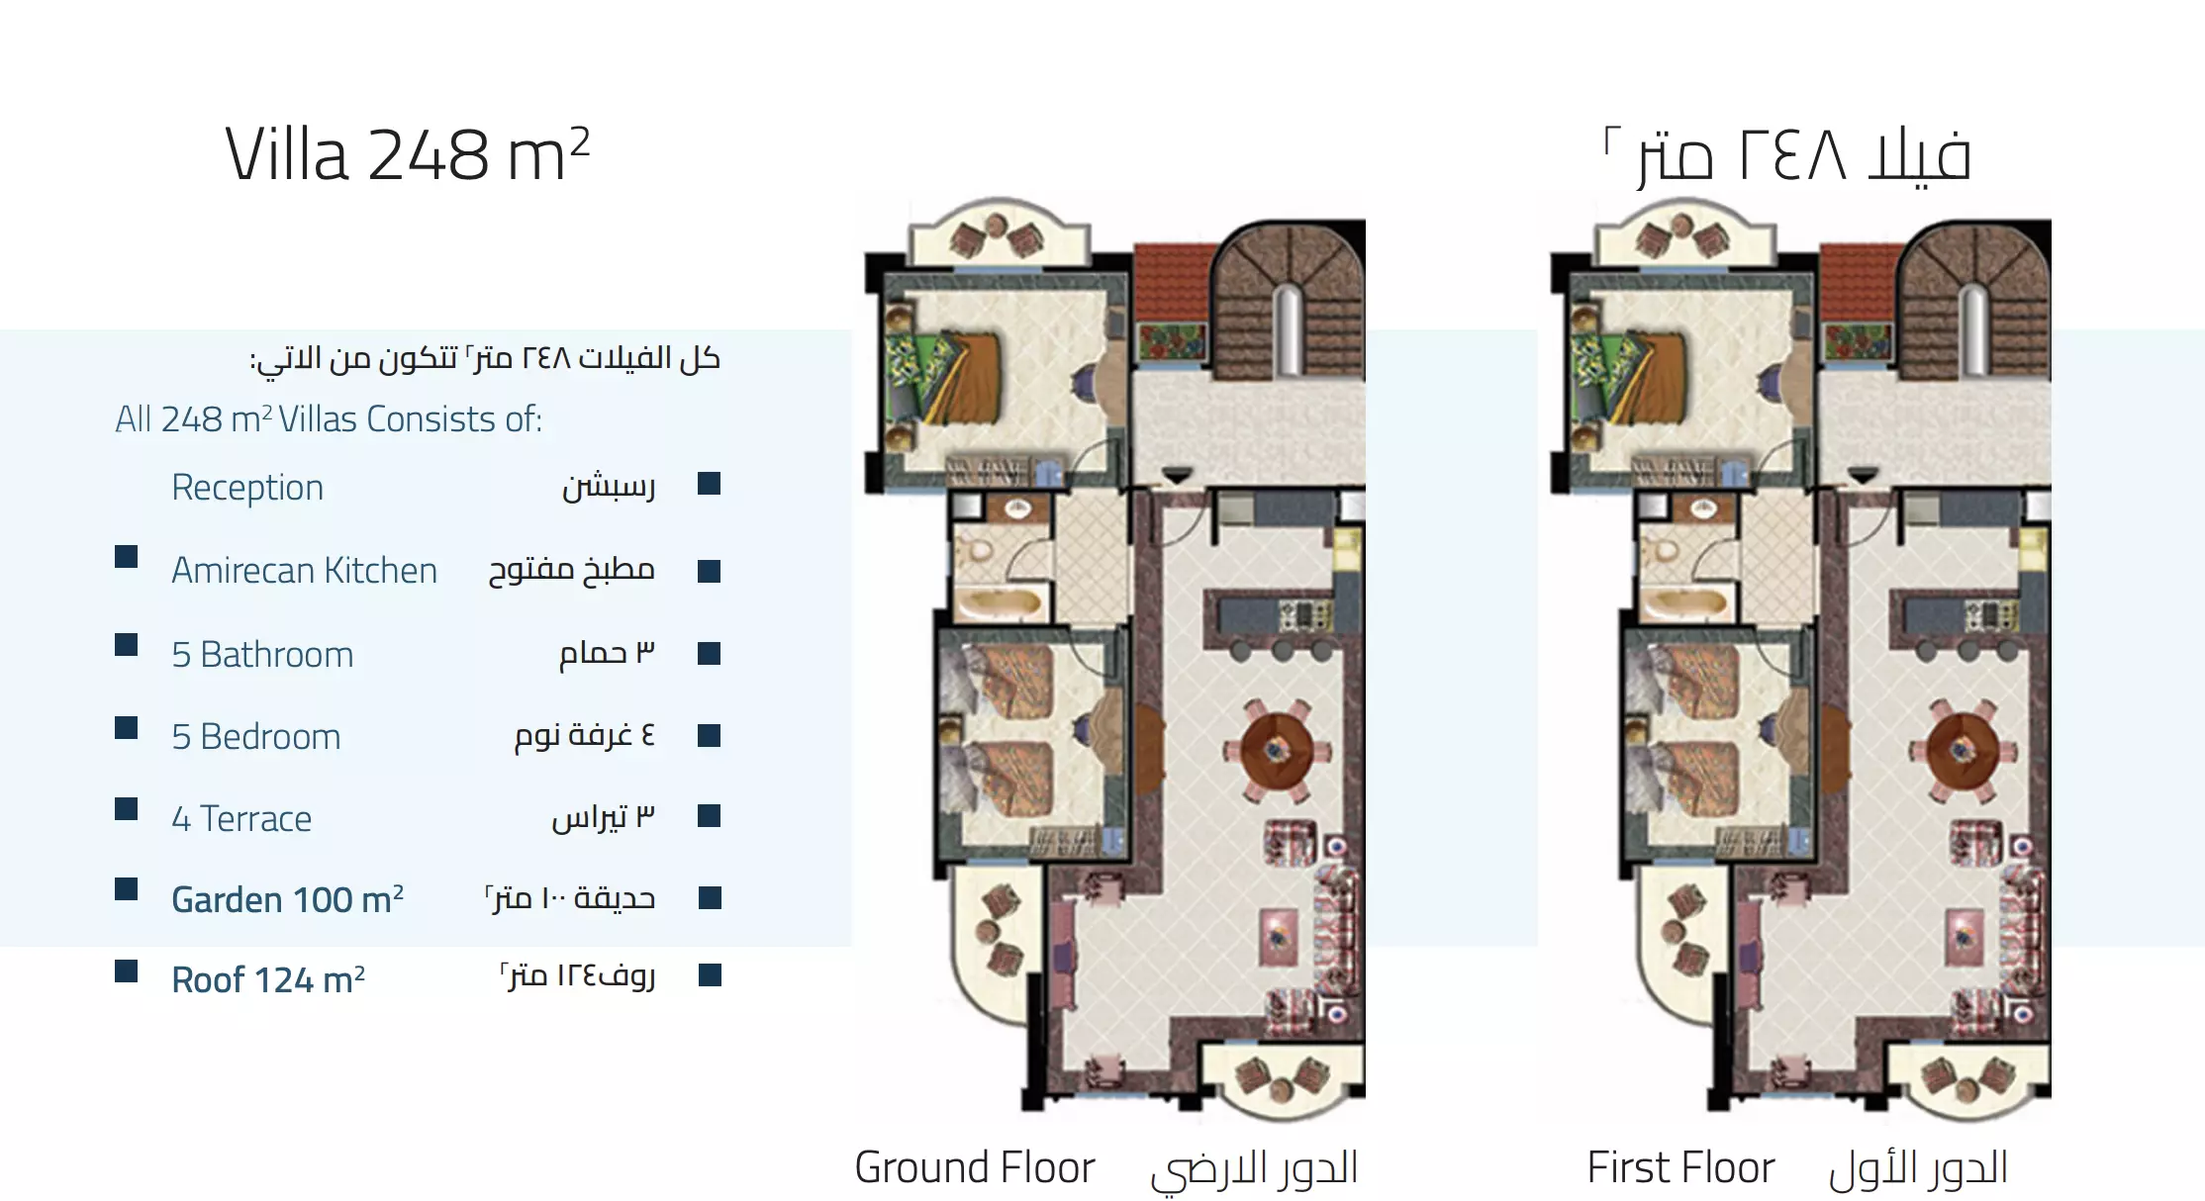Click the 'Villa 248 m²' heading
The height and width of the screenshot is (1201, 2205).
click(x=408, y=154)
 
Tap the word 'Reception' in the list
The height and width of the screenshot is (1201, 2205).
click(x=247, y=488)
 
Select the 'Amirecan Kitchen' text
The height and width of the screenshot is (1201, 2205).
click(x=304, y=571)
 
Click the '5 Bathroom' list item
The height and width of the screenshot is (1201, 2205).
click(x=262, y=654)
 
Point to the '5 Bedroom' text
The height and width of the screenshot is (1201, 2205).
click(x=256, y=737)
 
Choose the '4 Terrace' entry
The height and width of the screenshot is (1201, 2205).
click(x=241, y=819)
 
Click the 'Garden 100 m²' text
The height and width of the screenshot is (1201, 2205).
click(x=287, y=899)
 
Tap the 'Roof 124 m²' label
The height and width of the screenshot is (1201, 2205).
click(x=268, y=979)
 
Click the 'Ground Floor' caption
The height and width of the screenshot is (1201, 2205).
click(x=975, y=1167)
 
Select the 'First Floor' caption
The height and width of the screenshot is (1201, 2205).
click(x=1681, y=1167)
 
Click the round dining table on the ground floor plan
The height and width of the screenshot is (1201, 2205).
click(x=1277, y=750)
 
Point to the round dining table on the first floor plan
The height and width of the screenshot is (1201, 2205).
click(x=1962, y=750)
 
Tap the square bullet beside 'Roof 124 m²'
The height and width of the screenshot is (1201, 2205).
click(x=126, y=970)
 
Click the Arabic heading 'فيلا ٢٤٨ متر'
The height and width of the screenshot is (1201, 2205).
click(x=1788, y=155)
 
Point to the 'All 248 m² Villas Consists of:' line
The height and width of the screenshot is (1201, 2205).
click(x=329, y=419)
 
